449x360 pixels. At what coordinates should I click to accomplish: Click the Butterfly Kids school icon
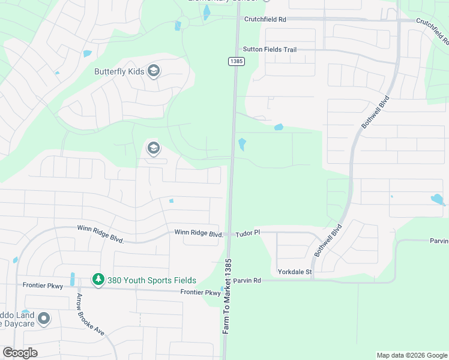(153, 71)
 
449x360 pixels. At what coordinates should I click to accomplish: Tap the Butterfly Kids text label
(119, 71)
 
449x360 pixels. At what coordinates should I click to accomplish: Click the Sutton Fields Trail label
(270, 50)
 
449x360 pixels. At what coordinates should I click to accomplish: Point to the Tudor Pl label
(248, 233)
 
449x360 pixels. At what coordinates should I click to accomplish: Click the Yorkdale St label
(295, 272)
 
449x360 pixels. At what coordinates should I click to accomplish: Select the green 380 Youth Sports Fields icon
(98, 280)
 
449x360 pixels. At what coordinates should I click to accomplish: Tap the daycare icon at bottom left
(43, 319)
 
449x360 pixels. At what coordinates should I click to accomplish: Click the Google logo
(20, 353)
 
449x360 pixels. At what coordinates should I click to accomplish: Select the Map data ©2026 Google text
(412, 355)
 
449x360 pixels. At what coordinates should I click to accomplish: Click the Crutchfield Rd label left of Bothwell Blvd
(265, 19)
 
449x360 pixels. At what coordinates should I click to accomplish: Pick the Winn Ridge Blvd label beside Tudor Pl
(199, 233)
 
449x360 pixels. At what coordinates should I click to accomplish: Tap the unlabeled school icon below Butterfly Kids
(153, 148)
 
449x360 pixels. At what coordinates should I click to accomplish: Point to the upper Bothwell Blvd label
(376, 111)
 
